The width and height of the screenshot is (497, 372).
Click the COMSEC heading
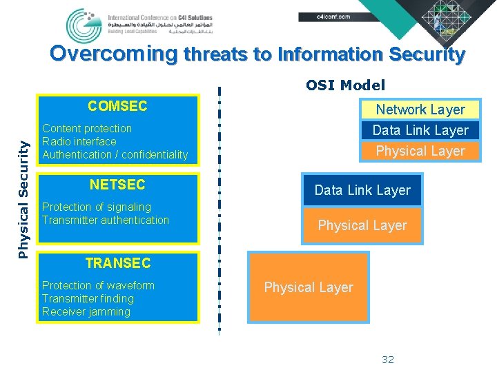click(x=117, y=106)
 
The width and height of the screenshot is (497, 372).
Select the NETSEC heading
click(x=117, y=185)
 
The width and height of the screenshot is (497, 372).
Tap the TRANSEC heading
click(x=117, y=263)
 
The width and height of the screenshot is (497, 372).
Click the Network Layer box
click(x=420, y=110)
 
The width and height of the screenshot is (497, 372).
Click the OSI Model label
click(x=346, y=85)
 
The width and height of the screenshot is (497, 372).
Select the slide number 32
click(x=388, y=360)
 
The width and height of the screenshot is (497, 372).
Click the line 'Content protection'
click(x=87, y=129)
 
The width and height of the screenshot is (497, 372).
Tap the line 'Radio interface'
click(x=79, y=142)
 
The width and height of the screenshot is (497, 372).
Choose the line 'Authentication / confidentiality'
click(x=115, y=155)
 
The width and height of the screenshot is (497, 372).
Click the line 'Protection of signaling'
click(x=96, y=207)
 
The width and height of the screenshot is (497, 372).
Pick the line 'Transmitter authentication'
click(x=105, y=220)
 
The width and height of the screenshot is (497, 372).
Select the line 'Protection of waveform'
click(x=98, y=286)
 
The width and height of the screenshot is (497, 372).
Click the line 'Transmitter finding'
click(x=88, y=299)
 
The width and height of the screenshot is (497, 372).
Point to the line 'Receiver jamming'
click(x=86, y=312)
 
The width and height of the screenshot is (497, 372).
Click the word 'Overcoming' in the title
click(x=114, y=54)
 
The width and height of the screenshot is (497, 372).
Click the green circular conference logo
click(x=84, y=25)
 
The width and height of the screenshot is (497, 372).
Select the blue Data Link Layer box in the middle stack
click(x=362, y=190)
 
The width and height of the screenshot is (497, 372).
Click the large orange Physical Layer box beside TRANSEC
click(x=309, y=287)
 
